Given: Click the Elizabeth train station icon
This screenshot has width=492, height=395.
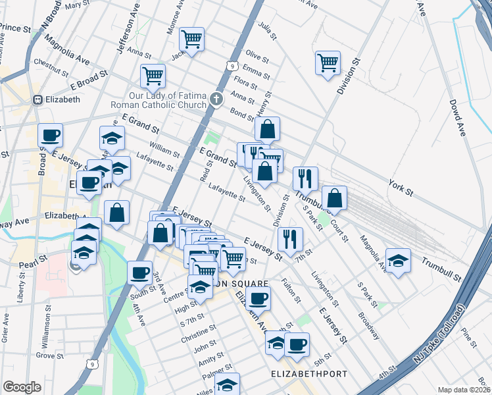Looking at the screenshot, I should [37, 100].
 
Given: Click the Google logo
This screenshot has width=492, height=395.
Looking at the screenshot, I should [22, 387].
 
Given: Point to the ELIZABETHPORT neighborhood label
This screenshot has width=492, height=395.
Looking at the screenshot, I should [309, 374].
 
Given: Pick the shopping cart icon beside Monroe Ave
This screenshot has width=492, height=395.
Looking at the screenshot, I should [191, 39].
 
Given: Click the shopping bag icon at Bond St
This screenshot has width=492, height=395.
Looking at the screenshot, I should [267, 129].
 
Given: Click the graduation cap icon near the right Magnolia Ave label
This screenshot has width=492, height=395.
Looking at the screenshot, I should [397, 259].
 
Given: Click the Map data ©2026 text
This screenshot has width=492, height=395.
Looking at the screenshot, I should [464, 390].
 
